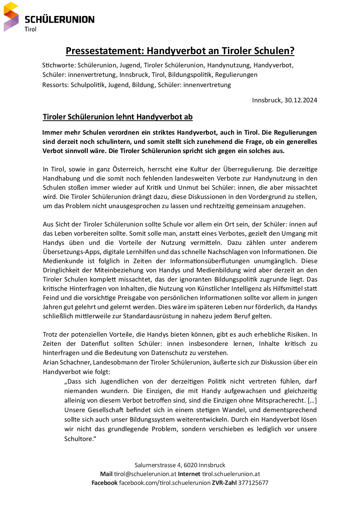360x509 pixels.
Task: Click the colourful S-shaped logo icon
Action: tap(11, 17)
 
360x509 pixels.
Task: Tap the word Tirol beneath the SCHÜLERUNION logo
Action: tap(30, 29)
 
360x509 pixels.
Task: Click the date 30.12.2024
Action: tap(301, 100)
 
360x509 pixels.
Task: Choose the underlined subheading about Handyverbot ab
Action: tap(117, 117)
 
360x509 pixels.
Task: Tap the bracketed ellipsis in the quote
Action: tap(312, 401)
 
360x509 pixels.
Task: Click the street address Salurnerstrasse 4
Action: tap(158, 465)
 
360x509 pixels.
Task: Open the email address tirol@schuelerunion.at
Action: tap(145, 474)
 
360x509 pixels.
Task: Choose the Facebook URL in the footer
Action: tap(165, 483)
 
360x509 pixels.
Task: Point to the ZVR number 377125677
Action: tap(253, 483)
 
